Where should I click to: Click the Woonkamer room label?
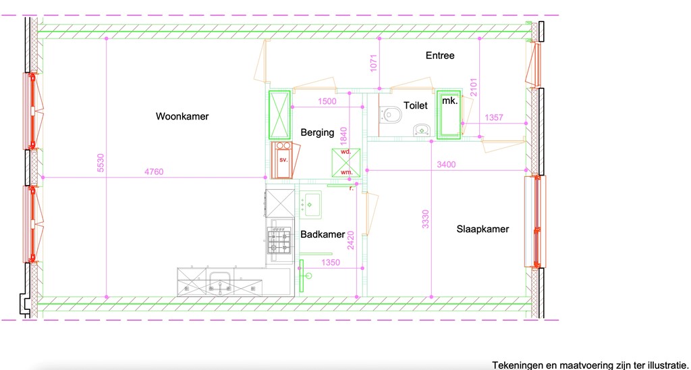(x=182, y=116)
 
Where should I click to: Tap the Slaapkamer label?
(x=482, y=230)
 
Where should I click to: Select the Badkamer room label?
(x=323, y=234)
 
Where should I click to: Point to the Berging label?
(x=317, y=133)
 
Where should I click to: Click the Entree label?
(x=440, y=55)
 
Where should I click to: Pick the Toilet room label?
(x=416, y=105)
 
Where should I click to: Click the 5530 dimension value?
(x=101, y=162)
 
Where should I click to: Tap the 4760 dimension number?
(x=154, y=172)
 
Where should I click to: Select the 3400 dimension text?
(x=446, y=165)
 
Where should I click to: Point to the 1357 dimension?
(x=494, y=117)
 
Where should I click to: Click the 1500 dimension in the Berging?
(x=327, y=101)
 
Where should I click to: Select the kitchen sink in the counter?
(x=220, y=284)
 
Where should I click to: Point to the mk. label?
(x=450, y=101)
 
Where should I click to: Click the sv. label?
(x=283, y=159)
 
